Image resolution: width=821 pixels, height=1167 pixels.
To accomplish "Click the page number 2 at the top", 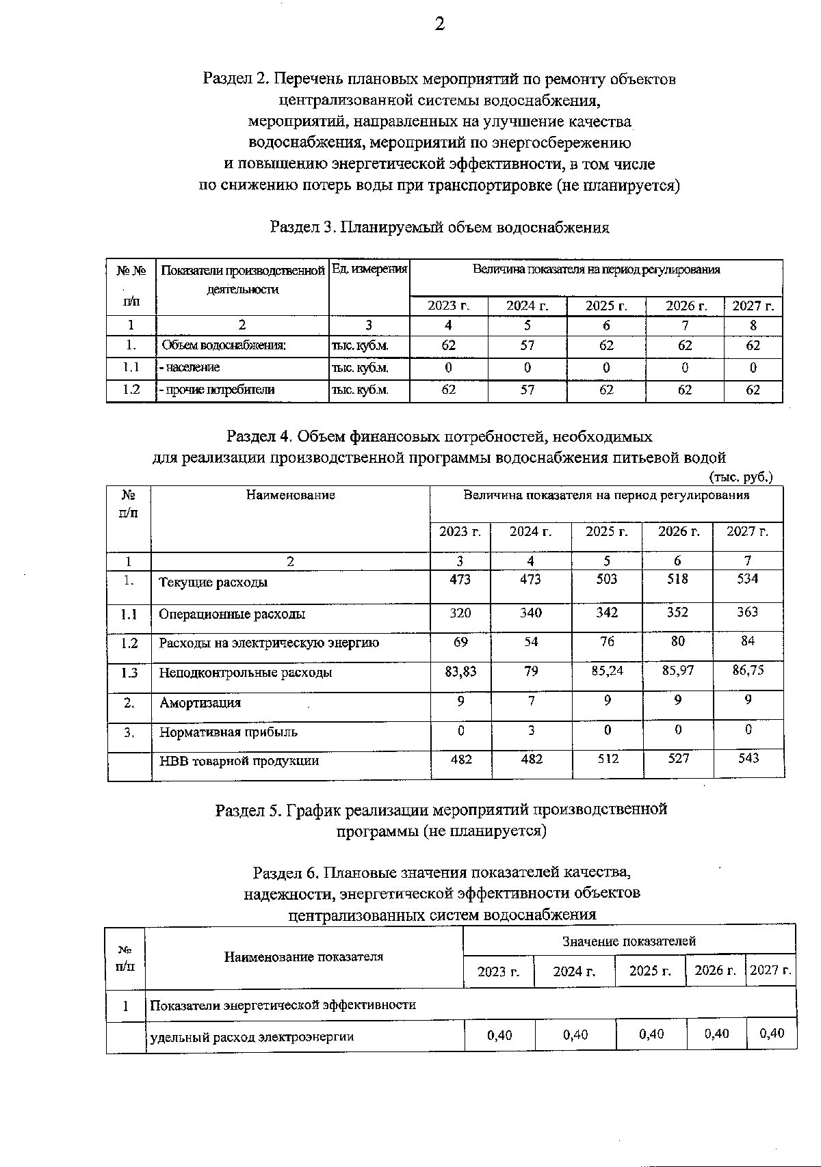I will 440,25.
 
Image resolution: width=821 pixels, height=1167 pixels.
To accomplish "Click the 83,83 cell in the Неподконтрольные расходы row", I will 460,671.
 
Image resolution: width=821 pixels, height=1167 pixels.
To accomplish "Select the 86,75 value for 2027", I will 748,670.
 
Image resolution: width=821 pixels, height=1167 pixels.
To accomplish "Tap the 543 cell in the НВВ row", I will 748,758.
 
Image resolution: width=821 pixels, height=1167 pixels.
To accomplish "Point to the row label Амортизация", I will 200,703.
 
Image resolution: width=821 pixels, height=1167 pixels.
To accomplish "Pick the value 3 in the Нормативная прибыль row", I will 531,730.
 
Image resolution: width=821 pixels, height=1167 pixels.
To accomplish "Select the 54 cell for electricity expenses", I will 531,641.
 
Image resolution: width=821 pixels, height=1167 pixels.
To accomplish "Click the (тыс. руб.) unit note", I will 741,477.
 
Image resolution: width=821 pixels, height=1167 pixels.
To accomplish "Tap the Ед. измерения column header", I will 369,269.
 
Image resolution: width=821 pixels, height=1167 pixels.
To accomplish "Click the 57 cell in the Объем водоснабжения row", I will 527,346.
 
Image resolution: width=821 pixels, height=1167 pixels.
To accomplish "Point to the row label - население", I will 190,368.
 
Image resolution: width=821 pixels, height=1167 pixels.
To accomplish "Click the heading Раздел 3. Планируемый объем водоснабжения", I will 440,228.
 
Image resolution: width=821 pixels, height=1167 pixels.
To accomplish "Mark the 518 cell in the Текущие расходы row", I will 677,579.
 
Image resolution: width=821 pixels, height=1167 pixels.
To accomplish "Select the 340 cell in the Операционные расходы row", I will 531,613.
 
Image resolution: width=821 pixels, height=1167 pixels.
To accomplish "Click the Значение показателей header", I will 629,941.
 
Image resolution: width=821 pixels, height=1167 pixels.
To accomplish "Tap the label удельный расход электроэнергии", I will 252,1036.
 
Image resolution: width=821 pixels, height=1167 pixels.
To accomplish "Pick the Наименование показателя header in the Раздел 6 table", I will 304,957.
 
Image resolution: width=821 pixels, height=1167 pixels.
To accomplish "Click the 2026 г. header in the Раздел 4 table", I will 678,531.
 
